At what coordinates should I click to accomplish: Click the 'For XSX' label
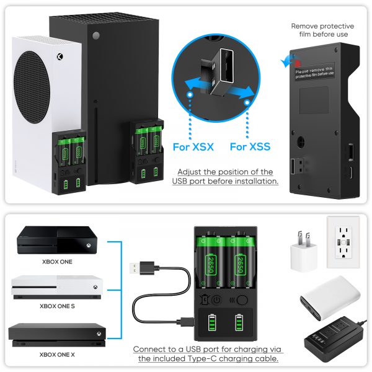pyautogui.click(x=193, y=147)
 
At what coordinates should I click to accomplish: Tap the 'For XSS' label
pyautogui.click(x=250, y=146)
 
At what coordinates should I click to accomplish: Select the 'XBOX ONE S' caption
pyautogui.click(x=57, y=306)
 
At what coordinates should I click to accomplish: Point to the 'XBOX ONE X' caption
pyautogui.click(x=57, y=355)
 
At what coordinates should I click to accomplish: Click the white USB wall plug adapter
pyautogui.click(x=304, y=252)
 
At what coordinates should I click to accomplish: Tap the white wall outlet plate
pyautogui.click(x=343, y=242)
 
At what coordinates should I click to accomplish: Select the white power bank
pyautogui.click(x=330, y=297)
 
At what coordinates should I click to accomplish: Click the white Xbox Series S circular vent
pyautogui.click(x=32, y=87)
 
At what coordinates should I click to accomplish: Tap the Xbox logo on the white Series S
pyautogui.click(x=60, y=57)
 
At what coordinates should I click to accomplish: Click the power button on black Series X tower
pyautogui.click(x=96, y=36)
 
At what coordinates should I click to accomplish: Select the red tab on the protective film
pyautogui.click(x=298, y=63)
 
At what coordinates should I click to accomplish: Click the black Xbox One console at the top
pyautogui.click(x=57, y=240)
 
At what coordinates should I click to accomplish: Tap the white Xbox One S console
pyautogui.click(x=57, y=287)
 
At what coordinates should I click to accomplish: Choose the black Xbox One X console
pyautogui.click(x=57, y=335)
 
